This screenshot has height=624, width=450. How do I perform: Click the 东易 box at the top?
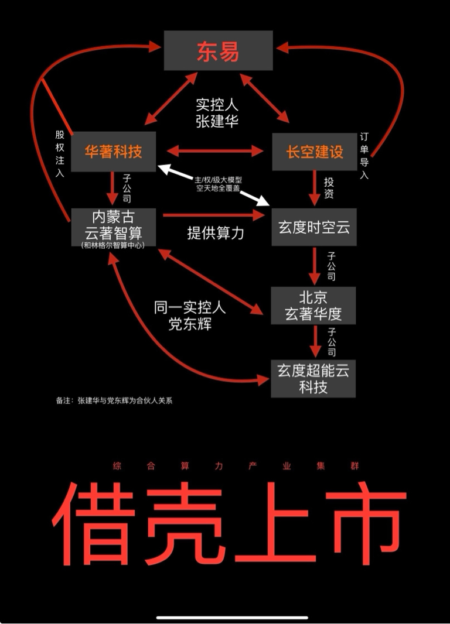coord(218,51)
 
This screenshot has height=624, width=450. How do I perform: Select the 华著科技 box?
coord(114,152)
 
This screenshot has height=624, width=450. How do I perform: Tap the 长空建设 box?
coord(314,152)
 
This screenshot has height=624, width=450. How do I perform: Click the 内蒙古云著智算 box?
coord(112,225)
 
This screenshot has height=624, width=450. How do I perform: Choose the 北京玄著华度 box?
coord(313,306)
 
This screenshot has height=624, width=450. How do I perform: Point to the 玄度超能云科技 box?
coord(313,379)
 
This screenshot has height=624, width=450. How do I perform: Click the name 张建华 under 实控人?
coord(217,121)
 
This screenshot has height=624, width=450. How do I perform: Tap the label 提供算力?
coord(215,232)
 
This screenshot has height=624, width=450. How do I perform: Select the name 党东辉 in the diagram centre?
coord(189,324)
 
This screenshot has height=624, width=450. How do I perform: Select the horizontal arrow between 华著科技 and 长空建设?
coord(214,152)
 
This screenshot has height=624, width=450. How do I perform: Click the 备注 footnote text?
coord(114,401)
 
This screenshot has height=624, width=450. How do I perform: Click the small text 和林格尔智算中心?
coord(112,245)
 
